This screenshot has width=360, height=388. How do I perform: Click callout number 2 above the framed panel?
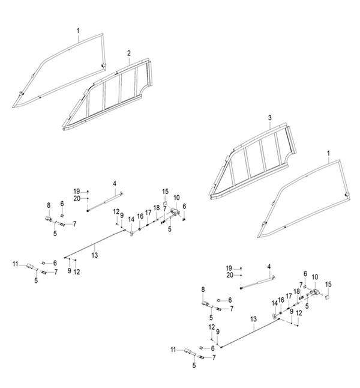[x=129, y=53]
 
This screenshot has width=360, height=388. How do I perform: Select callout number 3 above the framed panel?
[x=270, y=118]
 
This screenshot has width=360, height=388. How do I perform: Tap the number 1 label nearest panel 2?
[x=78, y=31]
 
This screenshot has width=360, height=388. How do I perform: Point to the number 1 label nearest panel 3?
[x=329, y=153]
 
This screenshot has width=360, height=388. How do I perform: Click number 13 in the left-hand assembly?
[x=95, y=255]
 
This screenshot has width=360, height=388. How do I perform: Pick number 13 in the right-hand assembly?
[x=254, y=319]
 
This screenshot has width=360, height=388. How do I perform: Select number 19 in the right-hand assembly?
[x=229, y=268]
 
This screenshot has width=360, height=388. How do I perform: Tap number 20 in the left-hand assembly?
[x=77, y=198]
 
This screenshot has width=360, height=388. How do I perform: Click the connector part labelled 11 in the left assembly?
[x=31, y=266]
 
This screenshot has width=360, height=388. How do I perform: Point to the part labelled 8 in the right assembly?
[x=205, y=303]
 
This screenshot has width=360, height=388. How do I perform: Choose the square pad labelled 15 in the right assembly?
[x=327, y=297]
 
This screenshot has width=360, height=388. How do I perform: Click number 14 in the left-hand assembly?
[x=131, y=219]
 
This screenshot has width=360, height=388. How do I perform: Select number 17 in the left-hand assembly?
[x=148, y=213]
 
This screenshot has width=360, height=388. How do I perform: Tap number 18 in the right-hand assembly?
[x=297, y=291]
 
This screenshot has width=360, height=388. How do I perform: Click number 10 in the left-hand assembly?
[x=176, y=198]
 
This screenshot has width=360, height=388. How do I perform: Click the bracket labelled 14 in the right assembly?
[x=274, y=316]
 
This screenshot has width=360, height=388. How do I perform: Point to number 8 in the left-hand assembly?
[x=49, y=205]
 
